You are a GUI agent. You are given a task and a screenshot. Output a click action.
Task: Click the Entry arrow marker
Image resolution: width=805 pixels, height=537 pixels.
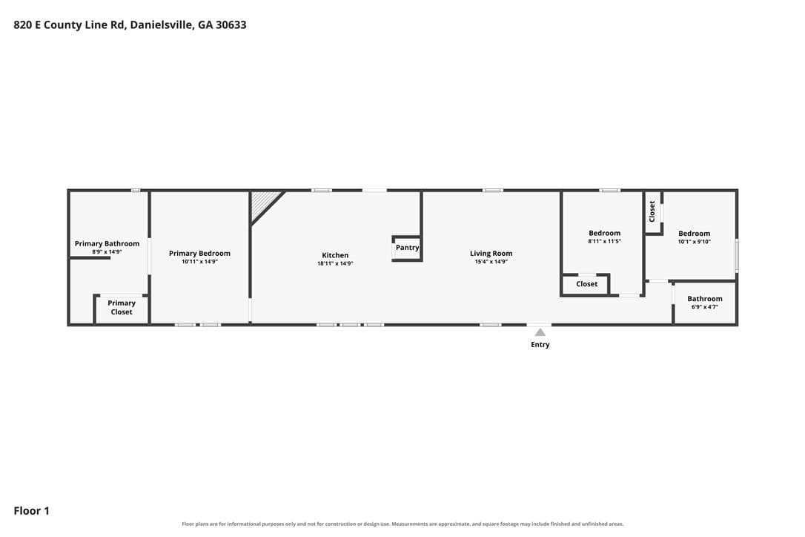click(540, 332)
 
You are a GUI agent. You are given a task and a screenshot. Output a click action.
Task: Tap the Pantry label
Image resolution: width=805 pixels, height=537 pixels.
click(408, 248)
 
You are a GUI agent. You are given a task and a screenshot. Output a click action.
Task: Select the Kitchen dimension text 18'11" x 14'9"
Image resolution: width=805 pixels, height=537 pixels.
click(335, 263)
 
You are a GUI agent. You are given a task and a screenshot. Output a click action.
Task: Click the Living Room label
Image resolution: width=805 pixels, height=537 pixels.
click(491, 254)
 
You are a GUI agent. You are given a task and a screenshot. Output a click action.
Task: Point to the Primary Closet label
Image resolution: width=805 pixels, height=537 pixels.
click(122, 307)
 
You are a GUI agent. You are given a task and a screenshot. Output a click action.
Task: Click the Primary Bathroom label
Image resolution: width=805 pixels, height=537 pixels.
click(107, 243)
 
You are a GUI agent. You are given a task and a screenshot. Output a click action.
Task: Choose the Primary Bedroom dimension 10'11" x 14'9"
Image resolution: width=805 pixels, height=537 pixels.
click(199, 262)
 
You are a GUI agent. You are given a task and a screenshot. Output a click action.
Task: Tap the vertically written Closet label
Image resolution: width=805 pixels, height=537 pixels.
click(652, 211)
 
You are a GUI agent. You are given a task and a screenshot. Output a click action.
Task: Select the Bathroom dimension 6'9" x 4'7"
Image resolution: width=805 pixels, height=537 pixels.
click(705, 307)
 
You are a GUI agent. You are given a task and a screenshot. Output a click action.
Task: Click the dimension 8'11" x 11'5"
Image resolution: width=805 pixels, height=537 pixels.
click(605, 241)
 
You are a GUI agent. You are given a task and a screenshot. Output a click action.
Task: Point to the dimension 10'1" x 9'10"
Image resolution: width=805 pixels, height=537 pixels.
click(694, 242)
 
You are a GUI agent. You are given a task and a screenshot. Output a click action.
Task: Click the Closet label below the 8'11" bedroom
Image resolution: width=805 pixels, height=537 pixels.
click(587, 283)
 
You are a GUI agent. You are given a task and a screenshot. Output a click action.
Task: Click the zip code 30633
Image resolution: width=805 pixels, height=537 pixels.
click(231, 24)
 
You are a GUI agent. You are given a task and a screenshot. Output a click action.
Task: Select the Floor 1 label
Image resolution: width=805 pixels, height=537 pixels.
click(31, 511)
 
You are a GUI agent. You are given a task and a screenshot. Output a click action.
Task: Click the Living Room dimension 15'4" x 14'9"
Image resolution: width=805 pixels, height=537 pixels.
click(491, 262)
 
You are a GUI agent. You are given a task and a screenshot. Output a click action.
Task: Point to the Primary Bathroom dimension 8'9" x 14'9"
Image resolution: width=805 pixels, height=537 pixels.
click(107, 251)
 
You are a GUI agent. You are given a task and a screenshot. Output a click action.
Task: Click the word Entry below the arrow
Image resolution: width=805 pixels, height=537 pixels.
click(540, 345)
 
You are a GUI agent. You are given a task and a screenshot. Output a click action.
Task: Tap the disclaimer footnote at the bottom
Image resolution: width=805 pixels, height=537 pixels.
click(402, 524)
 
